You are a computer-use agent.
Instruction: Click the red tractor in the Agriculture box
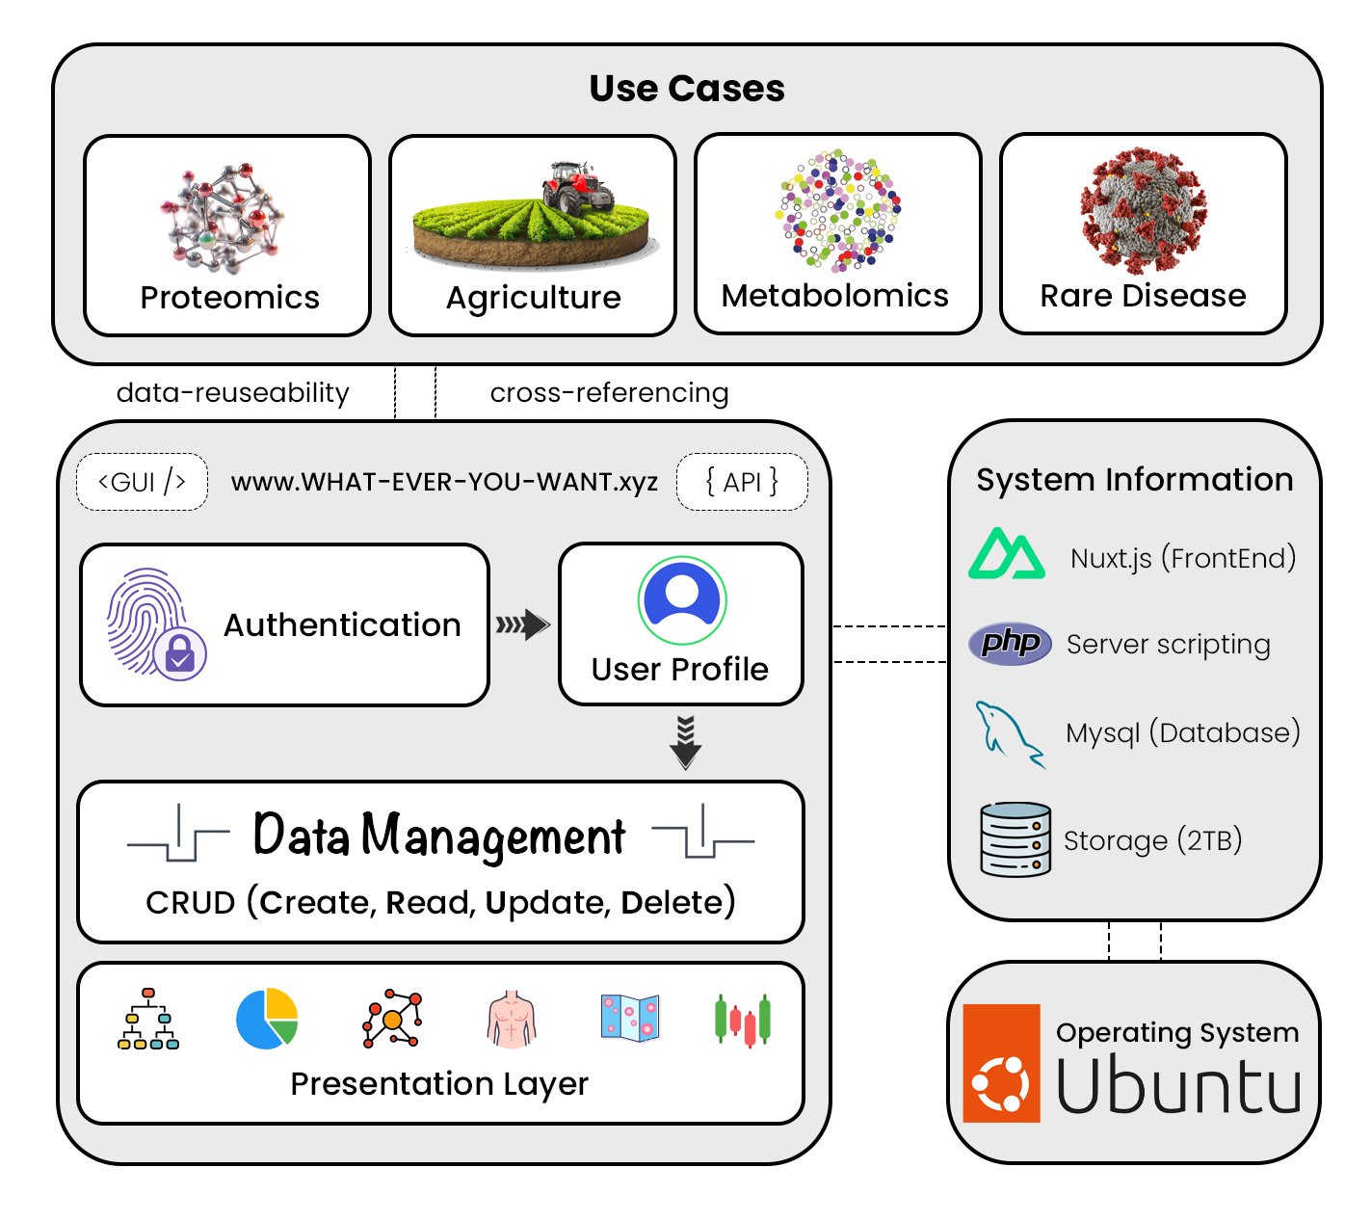(x=577, y=186)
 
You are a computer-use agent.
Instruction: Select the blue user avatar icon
(x=681, y=599)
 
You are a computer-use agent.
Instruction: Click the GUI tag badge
(x=142, y=482)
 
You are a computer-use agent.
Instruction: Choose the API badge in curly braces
(x=741, y=482)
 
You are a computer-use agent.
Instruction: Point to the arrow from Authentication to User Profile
(x=522, y=625)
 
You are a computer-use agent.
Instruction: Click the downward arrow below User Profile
(x=685, y=742)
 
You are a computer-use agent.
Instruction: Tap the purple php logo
(x=1010, y=643)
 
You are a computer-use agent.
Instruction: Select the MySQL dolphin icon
(x=1008, y=733)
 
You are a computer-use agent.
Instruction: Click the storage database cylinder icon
(x=1015, y=838)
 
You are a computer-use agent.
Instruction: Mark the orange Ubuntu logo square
(x=1001, y=1063)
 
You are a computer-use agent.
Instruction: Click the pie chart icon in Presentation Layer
(x=267, y=1019)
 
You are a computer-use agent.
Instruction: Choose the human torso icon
(x=512, y=1019)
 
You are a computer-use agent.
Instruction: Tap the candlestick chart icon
(x=742, y=1020)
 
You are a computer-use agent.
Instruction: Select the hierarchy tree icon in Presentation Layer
(x=147, y=1019)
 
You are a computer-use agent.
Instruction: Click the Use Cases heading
(x=687, y=89)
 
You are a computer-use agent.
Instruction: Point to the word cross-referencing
(x=609, y=393)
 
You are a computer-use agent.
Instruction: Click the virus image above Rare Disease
(x=1143, y=210)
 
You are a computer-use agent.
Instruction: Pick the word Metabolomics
(x=834, y=296)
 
